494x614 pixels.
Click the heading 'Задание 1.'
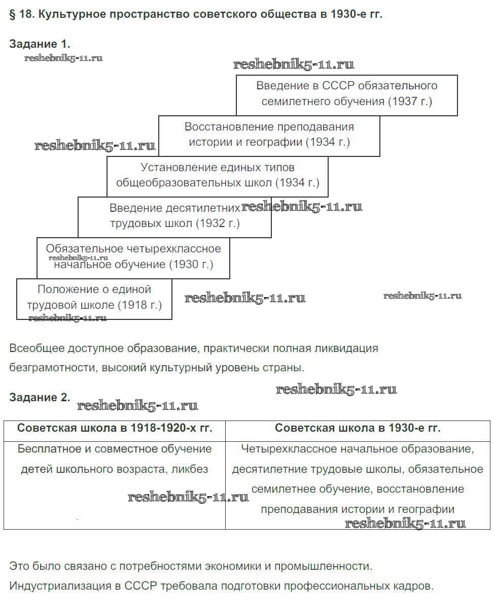point(40,44)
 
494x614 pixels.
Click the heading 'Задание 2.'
point(40,398)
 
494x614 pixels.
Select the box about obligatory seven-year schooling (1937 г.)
point(346,93)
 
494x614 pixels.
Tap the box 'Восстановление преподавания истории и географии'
point(269,135)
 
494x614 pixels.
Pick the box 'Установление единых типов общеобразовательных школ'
point(217,175)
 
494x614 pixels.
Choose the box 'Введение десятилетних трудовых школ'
point(174,216)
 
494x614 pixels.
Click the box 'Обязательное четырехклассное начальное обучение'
point(133,256)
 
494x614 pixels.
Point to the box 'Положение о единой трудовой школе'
point(94,298)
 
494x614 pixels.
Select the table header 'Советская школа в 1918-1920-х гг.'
point(115,428)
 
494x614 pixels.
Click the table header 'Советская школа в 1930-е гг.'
point(358,428)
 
